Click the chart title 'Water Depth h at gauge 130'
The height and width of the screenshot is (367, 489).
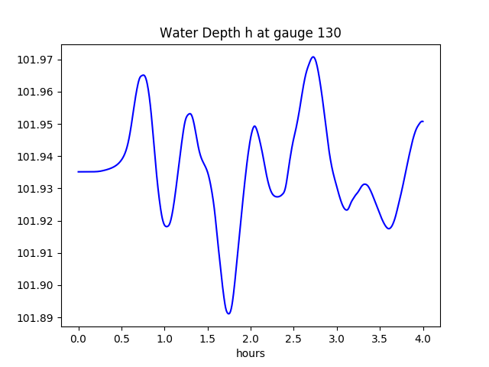pyautogui.click(x=250, y=33)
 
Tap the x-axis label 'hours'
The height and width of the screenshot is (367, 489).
pyautogui.click(x=250, y=353)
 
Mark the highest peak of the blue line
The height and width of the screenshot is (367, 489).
pyautogui.click(x=313, y=57)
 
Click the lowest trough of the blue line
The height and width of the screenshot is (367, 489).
pyautogui.click(x=228, y=313)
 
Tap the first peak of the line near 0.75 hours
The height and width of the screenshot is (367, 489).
pyautogui.click(x=143, y=75)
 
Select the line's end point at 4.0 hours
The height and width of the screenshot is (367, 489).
pyautogui.click(x=423, y=122)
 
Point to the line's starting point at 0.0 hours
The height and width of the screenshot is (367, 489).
pyautogui.click(x=79, y=171)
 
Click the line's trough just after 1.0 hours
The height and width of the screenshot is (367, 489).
pyautogui.click(x=167, y=226)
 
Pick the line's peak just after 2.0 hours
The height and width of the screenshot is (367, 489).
pyautogui.click(x=254, y=126)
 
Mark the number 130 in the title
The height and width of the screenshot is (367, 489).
pyautogui.click(x=330, y=33)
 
